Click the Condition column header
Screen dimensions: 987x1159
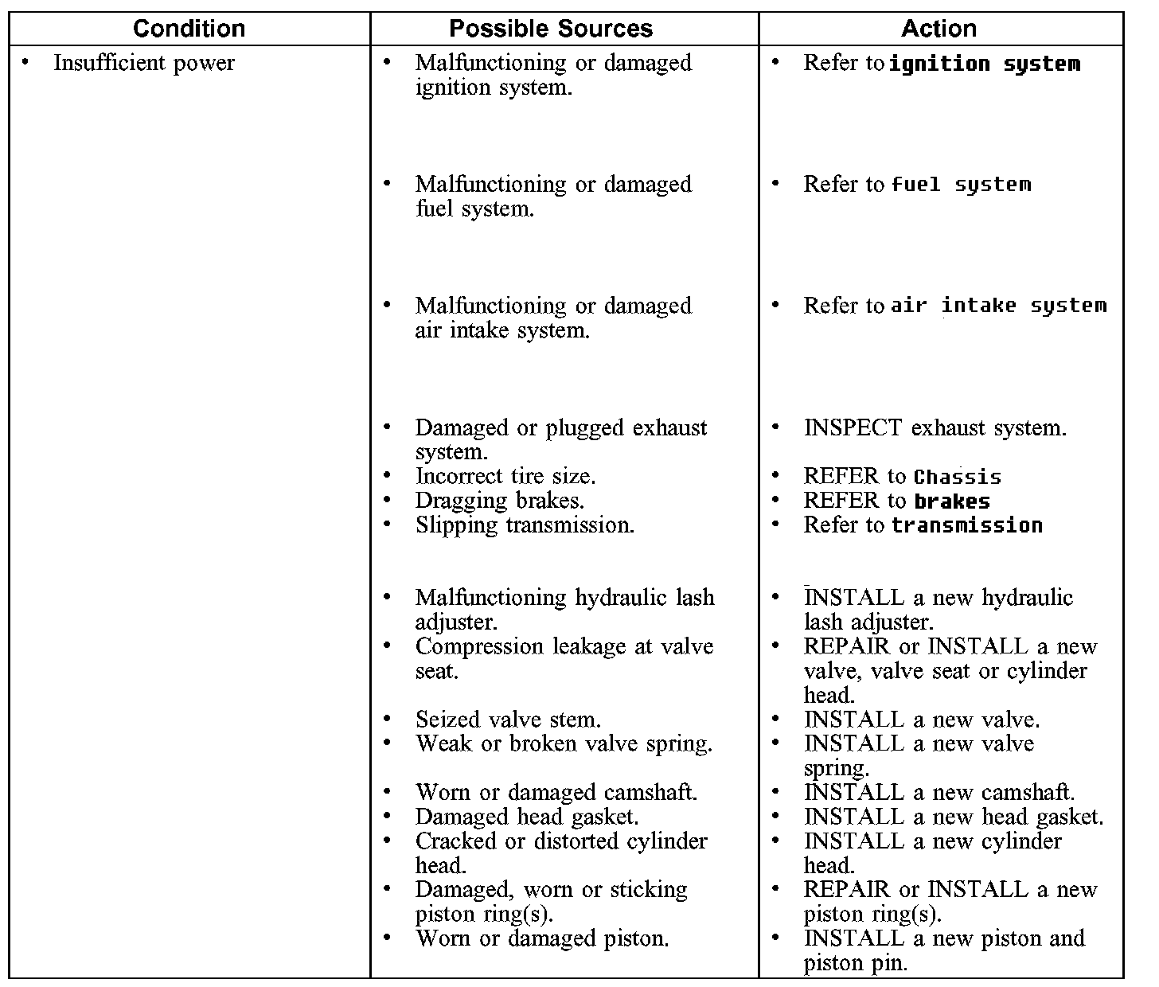189,29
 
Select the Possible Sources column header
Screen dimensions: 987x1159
551,29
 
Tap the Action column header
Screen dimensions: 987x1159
939,29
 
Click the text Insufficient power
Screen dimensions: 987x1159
143,63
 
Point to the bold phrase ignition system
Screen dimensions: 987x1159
984,64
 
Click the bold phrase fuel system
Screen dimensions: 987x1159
961,185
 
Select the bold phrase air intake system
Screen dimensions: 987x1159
998,306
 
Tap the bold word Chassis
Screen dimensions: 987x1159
958,477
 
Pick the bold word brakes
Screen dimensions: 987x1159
952,501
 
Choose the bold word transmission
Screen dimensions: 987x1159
966,525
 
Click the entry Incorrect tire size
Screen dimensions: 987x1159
505,476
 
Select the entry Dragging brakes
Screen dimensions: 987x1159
499,501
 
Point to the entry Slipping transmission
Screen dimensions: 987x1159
525,525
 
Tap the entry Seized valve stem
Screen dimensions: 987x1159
508,720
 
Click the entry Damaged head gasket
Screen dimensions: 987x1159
526,817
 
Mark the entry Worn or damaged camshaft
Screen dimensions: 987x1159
556,793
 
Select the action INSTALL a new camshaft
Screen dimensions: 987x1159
939,793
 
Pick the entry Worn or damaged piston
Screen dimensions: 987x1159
541,938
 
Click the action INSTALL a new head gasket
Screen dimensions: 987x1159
954,817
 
